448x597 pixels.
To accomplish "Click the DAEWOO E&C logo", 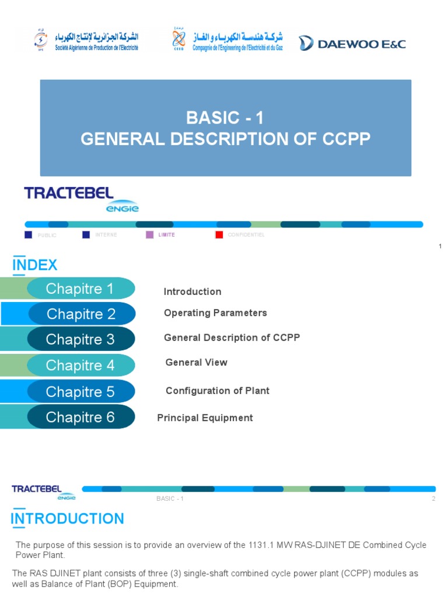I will [352, 43].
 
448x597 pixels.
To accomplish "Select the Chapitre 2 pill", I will [81, 314].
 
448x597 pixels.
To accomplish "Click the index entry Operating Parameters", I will [215, 313].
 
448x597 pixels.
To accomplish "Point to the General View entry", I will [196, 363].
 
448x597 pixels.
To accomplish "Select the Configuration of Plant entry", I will [217, 391].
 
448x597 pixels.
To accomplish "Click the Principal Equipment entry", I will [205, 418].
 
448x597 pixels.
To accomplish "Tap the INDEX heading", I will [35, 265].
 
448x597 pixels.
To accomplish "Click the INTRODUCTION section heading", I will [68, 519].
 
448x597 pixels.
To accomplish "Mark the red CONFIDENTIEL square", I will [219, 235].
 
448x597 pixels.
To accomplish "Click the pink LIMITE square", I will [150, 235].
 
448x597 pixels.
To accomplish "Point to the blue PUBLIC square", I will [28, 235].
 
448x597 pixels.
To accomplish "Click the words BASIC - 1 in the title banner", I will [225, 118].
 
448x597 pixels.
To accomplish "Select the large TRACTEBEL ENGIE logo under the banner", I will [81, 199].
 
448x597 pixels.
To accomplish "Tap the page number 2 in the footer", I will [433, 499].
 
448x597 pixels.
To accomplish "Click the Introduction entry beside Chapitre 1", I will [192, 292].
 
